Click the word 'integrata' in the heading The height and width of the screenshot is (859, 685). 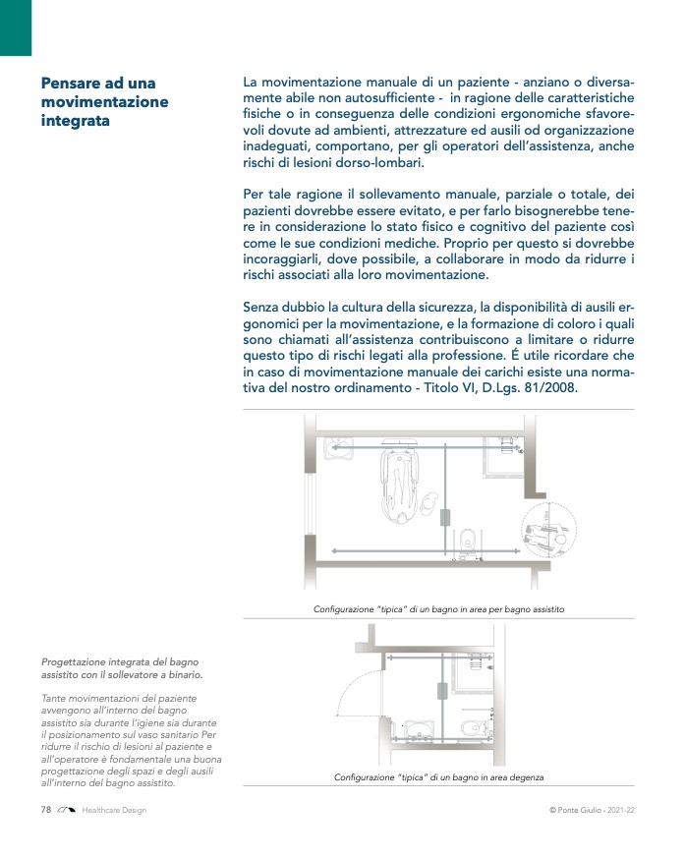[76, 121]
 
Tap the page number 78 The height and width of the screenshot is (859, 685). [45, 810]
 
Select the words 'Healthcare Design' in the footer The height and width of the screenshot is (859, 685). [114, 810]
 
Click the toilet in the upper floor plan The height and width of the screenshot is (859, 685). [470, 541]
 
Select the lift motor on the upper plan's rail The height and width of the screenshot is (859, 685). [445, 517]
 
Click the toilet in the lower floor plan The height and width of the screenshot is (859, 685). [475, 728]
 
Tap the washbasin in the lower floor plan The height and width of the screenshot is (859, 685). [420, 733]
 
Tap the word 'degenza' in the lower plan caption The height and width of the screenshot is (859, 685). [523, 777]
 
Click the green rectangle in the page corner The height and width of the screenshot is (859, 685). [16, 28]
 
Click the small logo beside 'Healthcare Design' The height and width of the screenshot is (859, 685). [67, 810]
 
